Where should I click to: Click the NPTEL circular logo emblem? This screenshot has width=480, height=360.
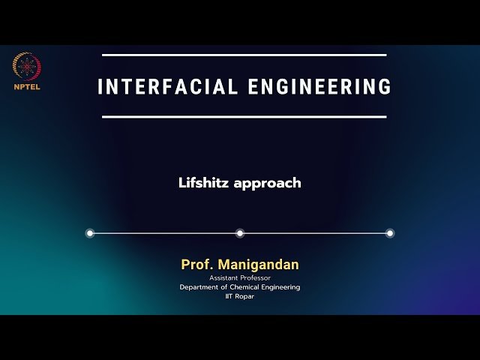pyautogui.click(x=27, y=67)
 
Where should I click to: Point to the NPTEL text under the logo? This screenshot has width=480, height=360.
pyautogui.click(x=27, y=86)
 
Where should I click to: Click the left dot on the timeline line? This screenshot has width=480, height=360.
pyautogui.click(x=90, y=233)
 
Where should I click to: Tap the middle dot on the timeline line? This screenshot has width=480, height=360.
pyautogui.click(x=240, y=233)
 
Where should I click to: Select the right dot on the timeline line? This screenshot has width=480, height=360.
pyautogui.click(x=390, y=233)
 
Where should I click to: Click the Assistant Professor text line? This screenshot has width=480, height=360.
pyautogui.click(x=240, y=278)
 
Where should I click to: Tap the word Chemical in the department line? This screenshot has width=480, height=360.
pyautogui.click(x=241, y=287)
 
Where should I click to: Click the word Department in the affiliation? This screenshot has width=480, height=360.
pyautogui.click(x=199, y=287)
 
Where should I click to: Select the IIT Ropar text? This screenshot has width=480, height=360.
pyautogui.click(x=240, y=296)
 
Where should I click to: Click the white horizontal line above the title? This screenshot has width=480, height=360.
pyautogui.click(x=244, y=55)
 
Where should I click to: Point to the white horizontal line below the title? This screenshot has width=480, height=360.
pyautogui.click(x=244, y=117)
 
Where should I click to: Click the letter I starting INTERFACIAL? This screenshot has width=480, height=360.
pyautogui.click(x=100, y=86)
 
